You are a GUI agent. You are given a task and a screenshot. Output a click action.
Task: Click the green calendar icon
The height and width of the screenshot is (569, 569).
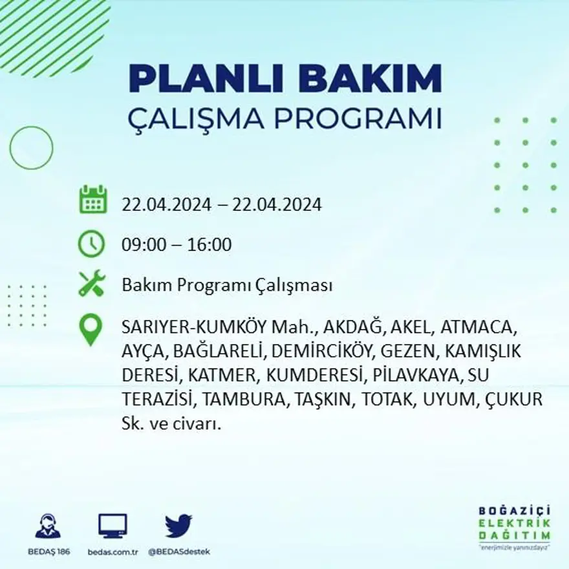[92, 200]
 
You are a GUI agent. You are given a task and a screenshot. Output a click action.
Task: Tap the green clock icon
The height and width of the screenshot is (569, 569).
[92, 244]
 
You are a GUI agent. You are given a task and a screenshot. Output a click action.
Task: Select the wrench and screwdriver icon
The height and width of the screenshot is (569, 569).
[92, 284]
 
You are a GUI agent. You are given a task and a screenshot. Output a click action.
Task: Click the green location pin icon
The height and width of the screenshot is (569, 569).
[91, 328]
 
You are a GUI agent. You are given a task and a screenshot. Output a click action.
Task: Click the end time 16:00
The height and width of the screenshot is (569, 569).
[209, 245]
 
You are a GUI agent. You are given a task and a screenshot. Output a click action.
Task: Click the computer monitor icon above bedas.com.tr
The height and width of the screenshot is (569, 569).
[113, 525]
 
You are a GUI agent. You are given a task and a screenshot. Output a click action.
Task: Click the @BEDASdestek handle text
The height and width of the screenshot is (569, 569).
[178, 552]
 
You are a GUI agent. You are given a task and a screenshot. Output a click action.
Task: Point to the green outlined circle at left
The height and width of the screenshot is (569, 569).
[31, 148]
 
